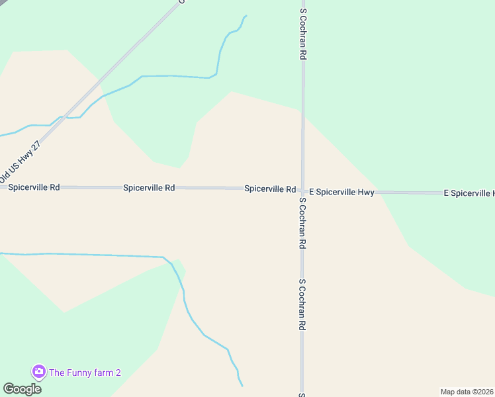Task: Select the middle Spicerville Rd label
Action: tap(149, 188)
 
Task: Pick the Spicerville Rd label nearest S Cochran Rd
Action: tap(270, 189)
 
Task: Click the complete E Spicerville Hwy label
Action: tap(341, 193)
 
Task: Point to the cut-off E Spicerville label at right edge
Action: tap(469, 193)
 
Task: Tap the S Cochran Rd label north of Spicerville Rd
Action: tap(303, 34)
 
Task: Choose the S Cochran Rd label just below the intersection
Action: tap(302, 222)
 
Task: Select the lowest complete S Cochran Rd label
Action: tap(302, 304)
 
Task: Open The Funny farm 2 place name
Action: tap(85, 373)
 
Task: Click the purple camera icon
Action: tap(38, 372)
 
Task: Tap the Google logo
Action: tap(22, 389)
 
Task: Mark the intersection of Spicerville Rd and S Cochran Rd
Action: tap(302, 190)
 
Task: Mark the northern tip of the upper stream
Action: tap(246, 16)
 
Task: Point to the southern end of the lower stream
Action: tap(242, 385)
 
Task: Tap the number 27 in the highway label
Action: tap(37, 146)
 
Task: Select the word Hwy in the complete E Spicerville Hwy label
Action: tap(366, 193)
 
